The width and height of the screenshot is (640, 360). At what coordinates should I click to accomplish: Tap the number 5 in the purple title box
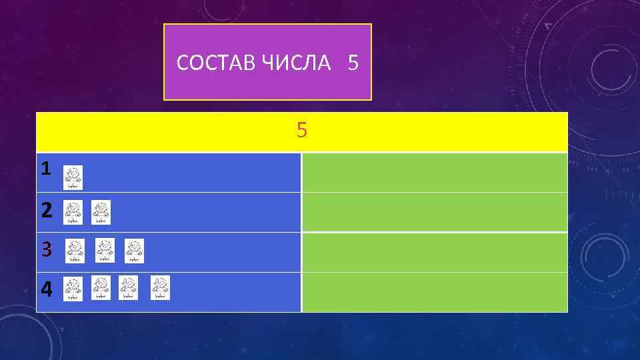[x=353, y=63]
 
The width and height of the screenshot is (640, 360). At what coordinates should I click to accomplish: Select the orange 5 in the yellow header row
[x=302, y=131]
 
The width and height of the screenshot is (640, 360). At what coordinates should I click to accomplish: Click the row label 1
[x=45, y=169]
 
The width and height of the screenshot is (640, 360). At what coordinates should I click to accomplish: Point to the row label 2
[x=46, y=211]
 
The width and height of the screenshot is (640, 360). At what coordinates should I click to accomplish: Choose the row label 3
[x=46, y=250]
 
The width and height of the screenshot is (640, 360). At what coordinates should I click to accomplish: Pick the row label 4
[x=46, y=289]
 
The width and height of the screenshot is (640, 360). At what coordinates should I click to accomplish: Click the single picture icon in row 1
[x=73, y=177]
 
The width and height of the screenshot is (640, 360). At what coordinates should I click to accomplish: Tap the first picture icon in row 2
[x=73, y=213]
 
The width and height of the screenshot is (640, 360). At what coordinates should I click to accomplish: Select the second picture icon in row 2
[x=101, y=213]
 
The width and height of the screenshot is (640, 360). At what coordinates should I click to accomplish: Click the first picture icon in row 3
[x=75, y=251]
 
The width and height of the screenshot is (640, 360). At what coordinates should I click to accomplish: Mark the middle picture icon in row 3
[x=105, y=251]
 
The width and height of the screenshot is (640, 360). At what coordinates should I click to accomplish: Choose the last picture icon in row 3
[x=134, y=251]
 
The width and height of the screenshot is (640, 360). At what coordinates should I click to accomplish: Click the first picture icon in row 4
[x=73, y=288]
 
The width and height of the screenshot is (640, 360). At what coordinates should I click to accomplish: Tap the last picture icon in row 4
[x=160, y=288]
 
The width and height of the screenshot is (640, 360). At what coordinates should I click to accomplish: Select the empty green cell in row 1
[x=434, y=173]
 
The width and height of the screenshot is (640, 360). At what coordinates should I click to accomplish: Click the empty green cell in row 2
[x=434, y=212]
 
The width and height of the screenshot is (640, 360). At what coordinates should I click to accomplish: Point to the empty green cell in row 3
[x=434, y=252]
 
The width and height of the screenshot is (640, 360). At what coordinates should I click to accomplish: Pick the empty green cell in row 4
[x=434, y=291]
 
